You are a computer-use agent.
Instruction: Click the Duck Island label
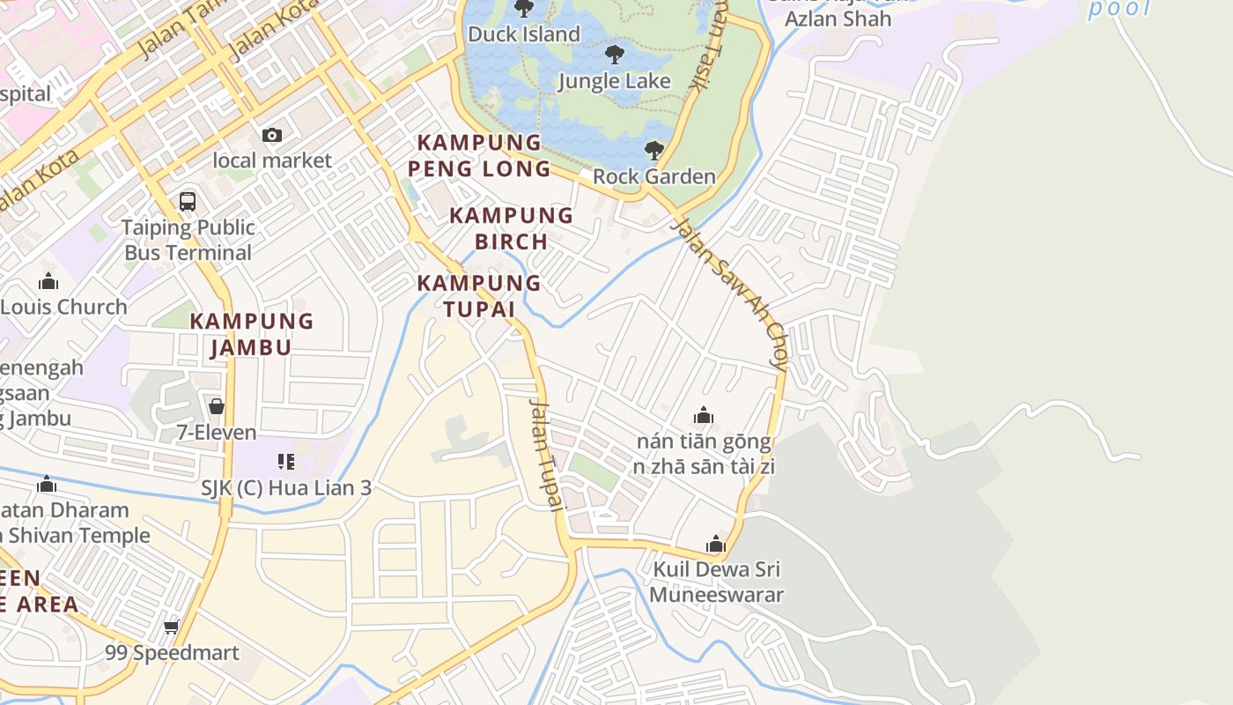(x=524, y=34)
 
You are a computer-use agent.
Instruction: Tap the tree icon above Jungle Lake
(x=615, y=55)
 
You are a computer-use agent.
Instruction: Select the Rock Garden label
(x=653, y=176)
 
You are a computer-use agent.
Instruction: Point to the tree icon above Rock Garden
(x=653, y=150)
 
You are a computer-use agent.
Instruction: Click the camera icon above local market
(x=272, y=135)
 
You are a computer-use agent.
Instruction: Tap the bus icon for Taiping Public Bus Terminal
(x=188, y=201)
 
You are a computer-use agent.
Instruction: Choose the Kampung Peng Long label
(x=479, y=155)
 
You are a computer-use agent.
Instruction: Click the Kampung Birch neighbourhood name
(x=511, y=228)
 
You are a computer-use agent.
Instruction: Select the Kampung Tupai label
(x=478, y=296)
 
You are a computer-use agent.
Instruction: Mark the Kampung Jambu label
(x=252, y=334)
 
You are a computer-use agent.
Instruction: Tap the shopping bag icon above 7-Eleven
(x=217, y=406)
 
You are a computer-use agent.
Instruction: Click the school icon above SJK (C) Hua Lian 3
(x=286, y=461)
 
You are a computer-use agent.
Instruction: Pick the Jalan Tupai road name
(x=545, y=455)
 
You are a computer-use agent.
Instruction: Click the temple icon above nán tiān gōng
(x=703, y=415)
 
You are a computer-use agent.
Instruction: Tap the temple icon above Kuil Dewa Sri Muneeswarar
(x=716, y=544)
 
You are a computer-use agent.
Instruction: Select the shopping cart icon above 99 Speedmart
(x=172, y=627)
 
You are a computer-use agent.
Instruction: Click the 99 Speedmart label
(x=172, y=653)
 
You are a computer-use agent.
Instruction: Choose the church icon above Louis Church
(x=48, y=282)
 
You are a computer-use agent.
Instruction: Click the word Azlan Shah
(x=838, y=19)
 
